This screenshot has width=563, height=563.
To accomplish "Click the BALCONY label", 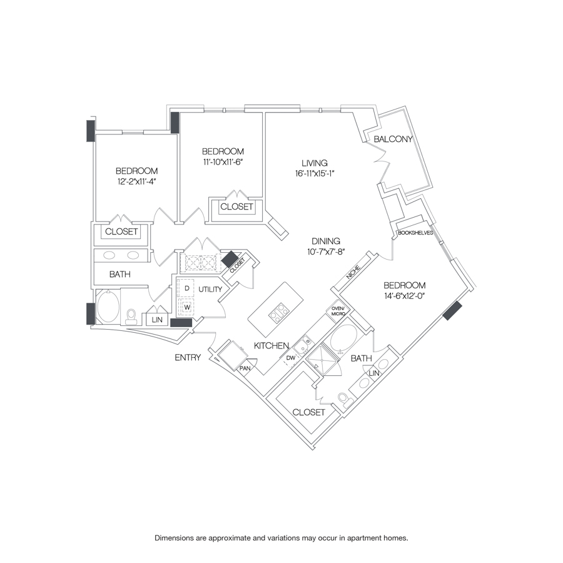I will point(393,139).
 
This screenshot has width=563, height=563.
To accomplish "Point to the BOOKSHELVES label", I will point(415,232).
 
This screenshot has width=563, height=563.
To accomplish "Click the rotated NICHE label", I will point(353,274).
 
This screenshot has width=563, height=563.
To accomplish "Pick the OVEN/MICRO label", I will point(338,310).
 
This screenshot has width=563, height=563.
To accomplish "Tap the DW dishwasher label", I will point(290,358).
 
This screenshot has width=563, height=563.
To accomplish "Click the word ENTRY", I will point(188,358).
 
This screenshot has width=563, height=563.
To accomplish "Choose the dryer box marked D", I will point(186,288).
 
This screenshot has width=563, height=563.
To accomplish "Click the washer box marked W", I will point(186,308).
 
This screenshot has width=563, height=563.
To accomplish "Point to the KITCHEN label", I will point(271,345).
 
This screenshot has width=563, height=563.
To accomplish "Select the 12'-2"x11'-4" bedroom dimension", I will point(136,182).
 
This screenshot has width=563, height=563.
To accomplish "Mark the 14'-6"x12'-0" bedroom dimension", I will point(405,297).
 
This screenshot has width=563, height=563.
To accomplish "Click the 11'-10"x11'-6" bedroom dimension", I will point(222,162).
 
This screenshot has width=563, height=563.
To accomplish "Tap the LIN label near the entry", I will point(156,320).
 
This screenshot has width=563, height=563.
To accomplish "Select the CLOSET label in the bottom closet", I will point(309,412).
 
